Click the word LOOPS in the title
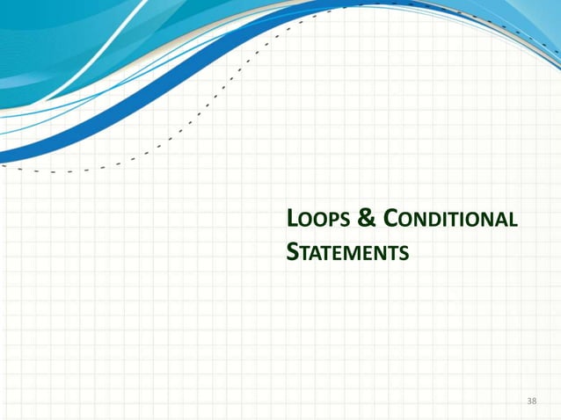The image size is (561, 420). coord(317,220)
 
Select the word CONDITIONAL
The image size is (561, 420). coord(448,219)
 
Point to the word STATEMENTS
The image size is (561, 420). coord(347,253)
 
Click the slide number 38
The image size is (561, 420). coord(530,401)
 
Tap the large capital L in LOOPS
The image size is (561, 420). coord(293,219)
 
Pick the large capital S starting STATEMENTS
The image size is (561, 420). coord(293,253)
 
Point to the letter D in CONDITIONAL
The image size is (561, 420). coord(428,221)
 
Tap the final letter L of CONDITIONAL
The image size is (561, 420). coord(512,221)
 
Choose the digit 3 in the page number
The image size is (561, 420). coord(528,401)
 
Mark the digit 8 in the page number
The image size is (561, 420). coord(534,401)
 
